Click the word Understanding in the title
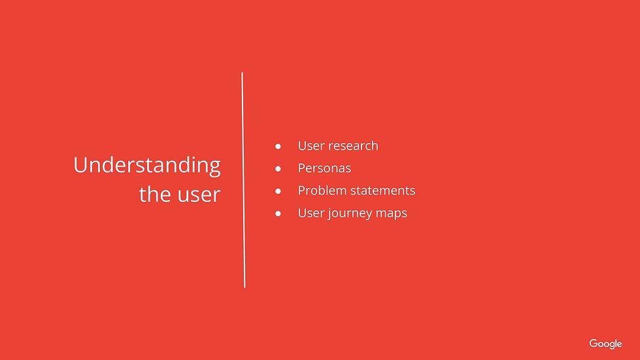(x=147, y=165)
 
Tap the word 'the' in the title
(x=155, y=194)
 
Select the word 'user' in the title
(x=199, y=195)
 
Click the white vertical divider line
(x=243, y=180)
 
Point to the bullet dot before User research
(x=278, y=146)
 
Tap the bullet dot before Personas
(x=278, y=169)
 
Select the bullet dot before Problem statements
(x=278, y=191)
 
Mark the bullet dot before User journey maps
(x=278, y=214)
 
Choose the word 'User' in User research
(x=311, y=146)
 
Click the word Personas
(x=324, y=169)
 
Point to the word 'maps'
(x=392, y=214)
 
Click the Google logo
(x=605, y=344)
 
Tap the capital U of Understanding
(x=80, y=165)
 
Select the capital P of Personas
(x=301, y=169)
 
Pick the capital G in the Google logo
(x=593, y=343)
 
